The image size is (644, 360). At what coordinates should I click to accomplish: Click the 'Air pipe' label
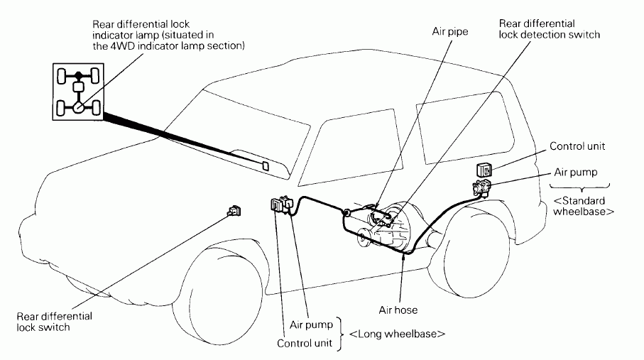click(x=449, y=32)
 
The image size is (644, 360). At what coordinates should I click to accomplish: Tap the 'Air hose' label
click(x=398, y=310)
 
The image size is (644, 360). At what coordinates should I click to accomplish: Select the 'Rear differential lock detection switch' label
click(x=549, y=29)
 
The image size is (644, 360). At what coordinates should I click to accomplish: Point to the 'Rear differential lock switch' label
click(x=54, y=322)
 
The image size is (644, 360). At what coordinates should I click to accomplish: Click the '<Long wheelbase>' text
click(x=397, y=334)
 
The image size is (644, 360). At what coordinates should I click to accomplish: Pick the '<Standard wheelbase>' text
click(x=583, y=206)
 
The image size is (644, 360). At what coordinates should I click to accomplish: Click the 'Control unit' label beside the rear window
click(x=577, y=146)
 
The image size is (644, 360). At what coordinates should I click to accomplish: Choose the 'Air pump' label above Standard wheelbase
click(x=575, y=173)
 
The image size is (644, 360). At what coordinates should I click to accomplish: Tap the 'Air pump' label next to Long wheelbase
click(x=311, y=324)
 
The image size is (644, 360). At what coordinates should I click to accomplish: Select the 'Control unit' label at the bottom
click(x=305, y=343)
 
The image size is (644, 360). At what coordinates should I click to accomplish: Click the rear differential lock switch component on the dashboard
click(x=234, y=211)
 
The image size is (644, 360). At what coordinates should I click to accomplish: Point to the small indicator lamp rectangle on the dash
click(x=266, y=166)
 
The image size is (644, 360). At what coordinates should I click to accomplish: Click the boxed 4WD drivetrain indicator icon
click(x=78, y=92)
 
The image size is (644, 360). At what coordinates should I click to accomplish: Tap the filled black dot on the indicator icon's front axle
click(x=78, y=75)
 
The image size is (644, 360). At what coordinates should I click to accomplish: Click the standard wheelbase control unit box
click(x=484, y=170)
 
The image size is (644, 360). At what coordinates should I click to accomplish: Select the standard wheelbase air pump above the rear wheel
click(x=482, y=187)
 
